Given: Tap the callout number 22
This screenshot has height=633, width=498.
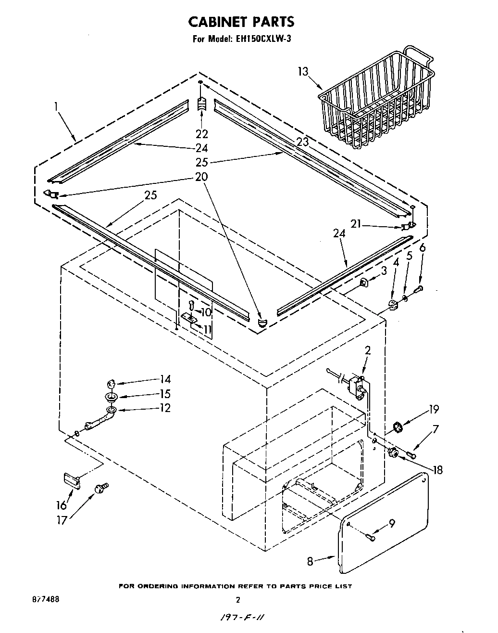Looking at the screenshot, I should [x=202, y=133].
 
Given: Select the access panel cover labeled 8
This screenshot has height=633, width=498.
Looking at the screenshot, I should [x=385, y=522].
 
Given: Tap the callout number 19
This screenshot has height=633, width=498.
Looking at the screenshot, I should [x=434, y=409].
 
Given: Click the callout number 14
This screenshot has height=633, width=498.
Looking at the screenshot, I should [x=165, y=379].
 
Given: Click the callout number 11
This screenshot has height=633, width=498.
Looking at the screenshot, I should [x=207, y=329].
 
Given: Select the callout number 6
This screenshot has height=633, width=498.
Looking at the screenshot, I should [x=422, y=248].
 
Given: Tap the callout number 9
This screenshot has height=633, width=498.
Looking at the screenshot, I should [x=392, y=523].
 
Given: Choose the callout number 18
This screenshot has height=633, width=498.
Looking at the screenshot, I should [x=437, y=470].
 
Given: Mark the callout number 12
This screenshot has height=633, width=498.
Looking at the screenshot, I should [x=165, y=408].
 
